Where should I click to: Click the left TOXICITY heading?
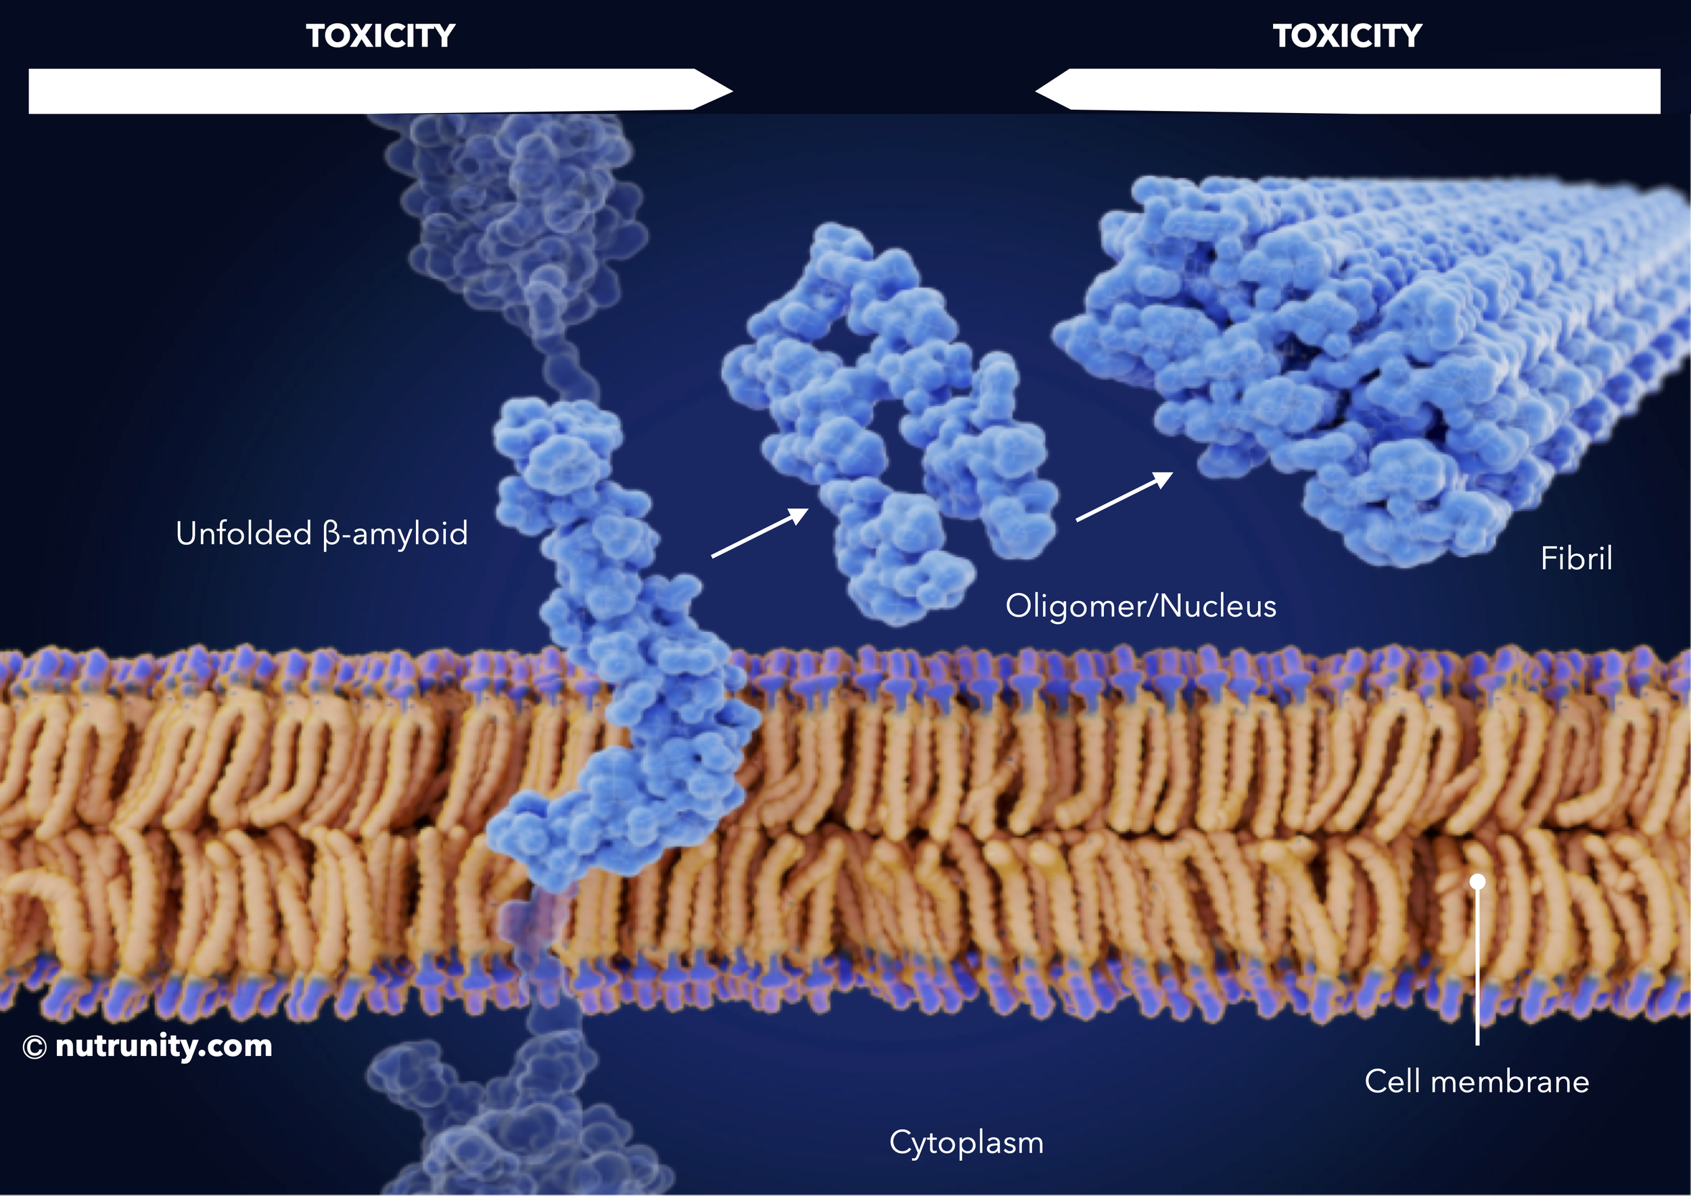[380, 36]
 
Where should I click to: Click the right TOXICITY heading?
[1347, 36]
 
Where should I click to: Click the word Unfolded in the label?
[243, 533]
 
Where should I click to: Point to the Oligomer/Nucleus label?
[1140, 606]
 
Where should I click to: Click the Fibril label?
[1576, 558]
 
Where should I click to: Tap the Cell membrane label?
[1476, 1082]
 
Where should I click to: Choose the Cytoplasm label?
[965, 1143]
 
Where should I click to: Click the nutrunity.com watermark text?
[164, 1046]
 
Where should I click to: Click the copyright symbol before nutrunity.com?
[34, 1047]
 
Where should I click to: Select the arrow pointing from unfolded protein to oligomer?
[759, 532]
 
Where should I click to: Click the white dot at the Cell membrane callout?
[1477, 881]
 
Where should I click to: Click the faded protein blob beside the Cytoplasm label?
[515, 1120]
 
